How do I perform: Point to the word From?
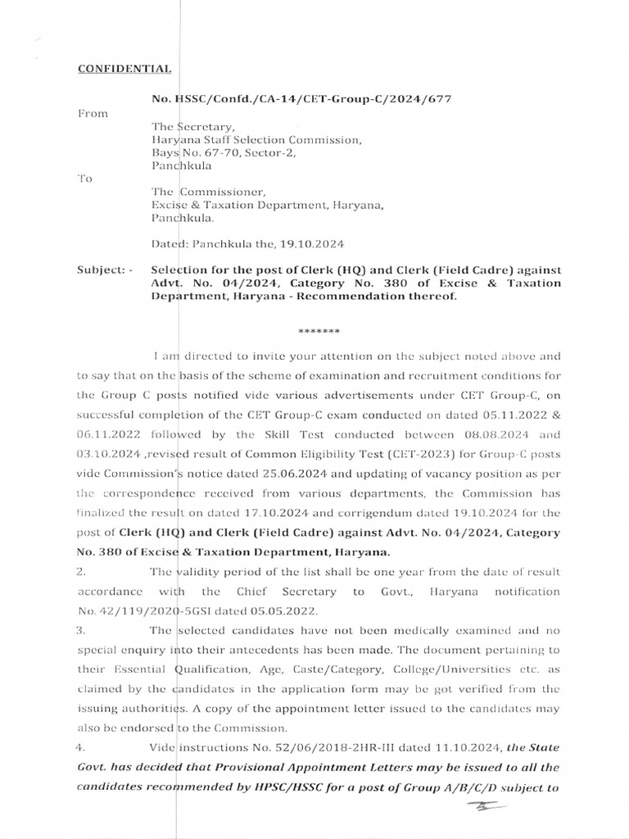pos(93,113)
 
